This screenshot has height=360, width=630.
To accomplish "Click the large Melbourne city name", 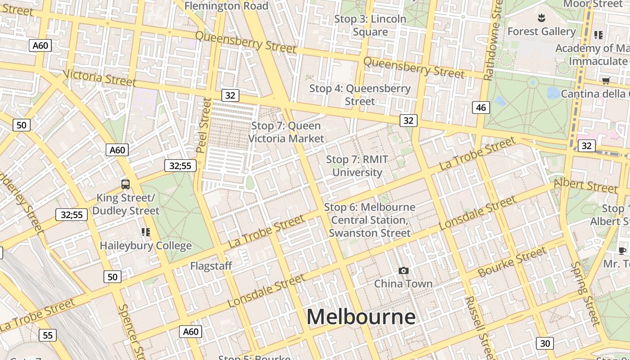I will click(361, 317).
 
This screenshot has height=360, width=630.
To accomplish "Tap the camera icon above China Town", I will click(404, 270).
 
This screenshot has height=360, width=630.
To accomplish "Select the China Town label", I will click(403, 283).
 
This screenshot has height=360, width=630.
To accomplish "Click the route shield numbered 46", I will click(481, 107).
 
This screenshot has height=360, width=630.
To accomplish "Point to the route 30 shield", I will click(544, 343).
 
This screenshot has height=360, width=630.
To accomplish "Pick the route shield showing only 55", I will click(48, 335).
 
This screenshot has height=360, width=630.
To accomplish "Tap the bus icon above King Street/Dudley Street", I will click(126, 184).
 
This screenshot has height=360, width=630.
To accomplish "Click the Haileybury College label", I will click(145, 246).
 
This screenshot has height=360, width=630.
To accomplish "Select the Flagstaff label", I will click(211, 266).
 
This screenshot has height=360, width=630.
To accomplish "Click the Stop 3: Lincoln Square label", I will click(370, 26).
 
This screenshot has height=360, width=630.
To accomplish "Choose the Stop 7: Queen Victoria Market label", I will click(286, 132).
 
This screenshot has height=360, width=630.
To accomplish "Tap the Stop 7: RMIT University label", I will click(357, 166).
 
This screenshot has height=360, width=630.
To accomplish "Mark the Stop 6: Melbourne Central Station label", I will click(369, 220).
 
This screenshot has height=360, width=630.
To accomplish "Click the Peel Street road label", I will click(203, 125).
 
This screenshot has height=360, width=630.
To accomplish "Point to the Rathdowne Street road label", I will click(493, 40).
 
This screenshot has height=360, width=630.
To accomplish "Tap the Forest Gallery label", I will click(541, 31).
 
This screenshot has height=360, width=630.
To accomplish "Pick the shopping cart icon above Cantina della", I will click(606, 81).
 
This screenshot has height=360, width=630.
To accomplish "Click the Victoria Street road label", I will click(99, 77).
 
